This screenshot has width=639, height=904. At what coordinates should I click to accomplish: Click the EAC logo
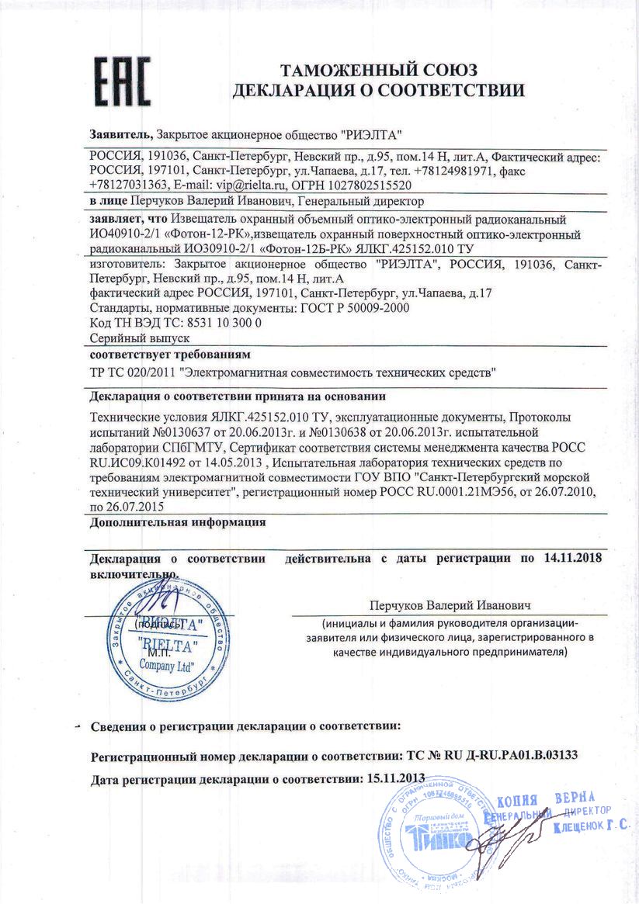(x=123, y=81)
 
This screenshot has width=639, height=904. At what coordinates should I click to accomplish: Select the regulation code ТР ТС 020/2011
(x=133, y=372)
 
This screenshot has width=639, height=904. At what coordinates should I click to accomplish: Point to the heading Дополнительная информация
(x=178, y=522)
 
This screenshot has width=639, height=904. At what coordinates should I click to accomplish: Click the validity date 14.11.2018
(x=573, y=558)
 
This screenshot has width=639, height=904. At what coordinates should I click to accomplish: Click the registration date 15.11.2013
(x=395, y=778)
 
